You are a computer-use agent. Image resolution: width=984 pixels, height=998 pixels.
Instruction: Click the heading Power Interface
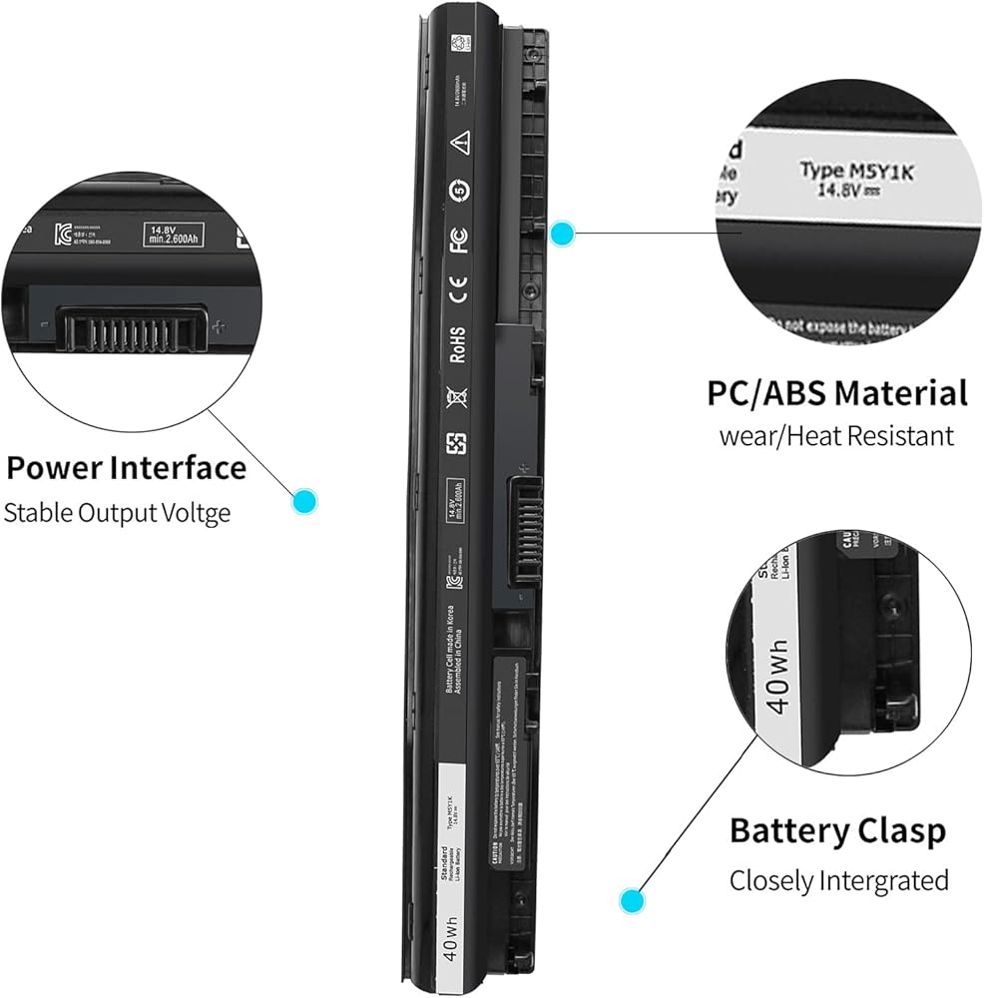pyautogui.click(x=126, y=467)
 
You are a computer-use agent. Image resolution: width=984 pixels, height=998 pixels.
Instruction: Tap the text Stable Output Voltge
pyautogui.click(x=117, y=513)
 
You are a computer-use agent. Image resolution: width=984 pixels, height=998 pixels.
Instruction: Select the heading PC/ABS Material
pyautogui.click(x=837, y=392)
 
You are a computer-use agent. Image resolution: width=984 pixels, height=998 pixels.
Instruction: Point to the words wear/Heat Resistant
pyautogui.click(x=836, y=436)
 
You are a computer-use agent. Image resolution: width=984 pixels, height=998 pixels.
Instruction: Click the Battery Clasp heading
pyautogui.click(x=837, y=830)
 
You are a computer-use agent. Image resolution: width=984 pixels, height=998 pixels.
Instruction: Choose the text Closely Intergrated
pyautogui.click(x=838, y=880)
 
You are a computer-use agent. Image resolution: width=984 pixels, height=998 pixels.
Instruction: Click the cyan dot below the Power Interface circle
pyautogui.click(x=303, y=500)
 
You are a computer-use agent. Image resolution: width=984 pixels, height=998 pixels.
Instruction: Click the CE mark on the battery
pyautogui.click(x=459, y=294)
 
